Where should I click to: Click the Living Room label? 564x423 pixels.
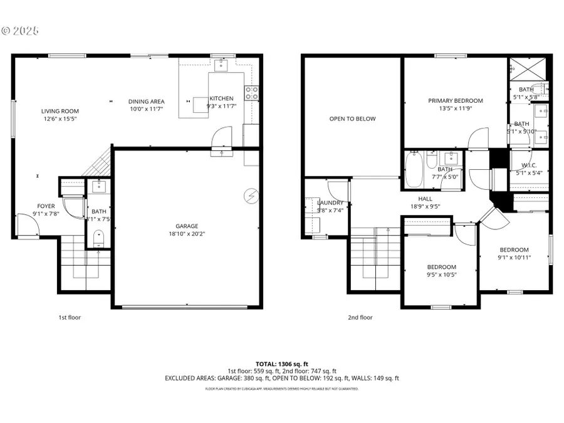click(61, 111)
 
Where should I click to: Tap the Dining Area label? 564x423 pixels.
click(146, 102)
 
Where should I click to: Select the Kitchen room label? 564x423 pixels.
click(221, 98)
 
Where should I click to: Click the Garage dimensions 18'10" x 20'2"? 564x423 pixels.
click(187, 234)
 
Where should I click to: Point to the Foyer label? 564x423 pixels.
click(46, 206)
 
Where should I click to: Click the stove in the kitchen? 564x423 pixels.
click(251, 93)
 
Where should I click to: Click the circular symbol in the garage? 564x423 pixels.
click(251, 196)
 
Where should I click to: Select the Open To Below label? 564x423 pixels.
click(353, 118)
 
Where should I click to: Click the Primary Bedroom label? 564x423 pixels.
click(456, 101)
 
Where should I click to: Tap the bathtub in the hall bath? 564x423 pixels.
click(414, 169)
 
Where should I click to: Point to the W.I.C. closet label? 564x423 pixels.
click(529, 166)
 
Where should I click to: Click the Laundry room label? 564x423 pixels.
click(330, 202)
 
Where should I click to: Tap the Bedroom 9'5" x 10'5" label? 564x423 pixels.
click(441, 274)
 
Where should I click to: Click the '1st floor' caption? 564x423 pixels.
click(70, 317)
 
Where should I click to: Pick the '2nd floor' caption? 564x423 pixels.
click(360, 317)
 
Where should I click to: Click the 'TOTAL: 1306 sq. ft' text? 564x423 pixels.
click(281, 364)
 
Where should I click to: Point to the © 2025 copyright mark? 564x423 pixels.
click(20, 30)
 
